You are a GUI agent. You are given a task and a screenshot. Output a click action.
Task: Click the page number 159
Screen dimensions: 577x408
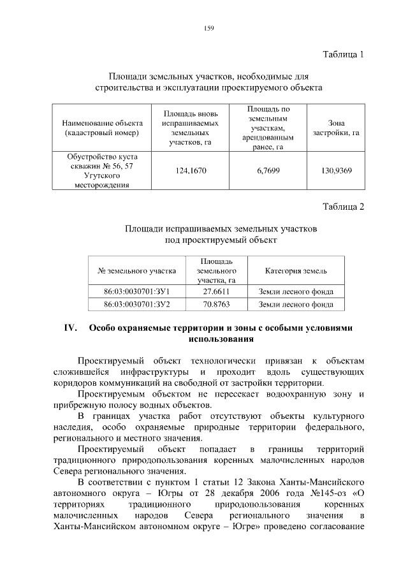click(x=208, y=28)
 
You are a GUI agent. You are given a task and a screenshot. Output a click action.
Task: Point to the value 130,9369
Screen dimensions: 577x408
click(x=336, y=170)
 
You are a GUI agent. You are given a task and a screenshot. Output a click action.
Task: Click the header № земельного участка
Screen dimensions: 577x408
click(x=136, y=271)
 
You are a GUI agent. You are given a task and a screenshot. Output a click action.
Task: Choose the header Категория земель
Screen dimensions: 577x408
click(x=296, y=271)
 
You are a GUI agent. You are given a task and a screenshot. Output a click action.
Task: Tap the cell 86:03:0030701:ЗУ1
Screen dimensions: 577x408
click(x=136, y=292)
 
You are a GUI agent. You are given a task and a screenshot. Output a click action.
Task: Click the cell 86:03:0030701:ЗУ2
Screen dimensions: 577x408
click(x=136, y=304)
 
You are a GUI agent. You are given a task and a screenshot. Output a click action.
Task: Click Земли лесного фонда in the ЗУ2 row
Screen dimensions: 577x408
click(x=296, y=304)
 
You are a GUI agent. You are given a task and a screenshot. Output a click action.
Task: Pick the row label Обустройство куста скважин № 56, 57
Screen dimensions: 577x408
click(x=102, y=161)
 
